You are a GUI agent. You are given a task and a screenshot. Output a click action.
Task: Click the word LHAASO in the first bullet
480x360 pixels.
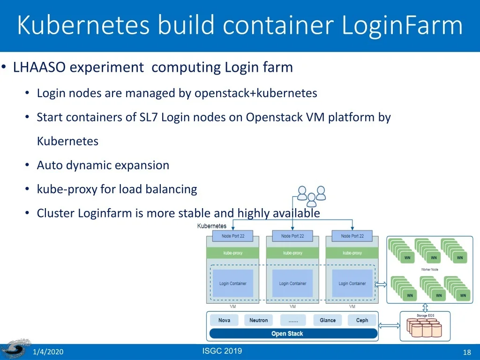pos(39,67)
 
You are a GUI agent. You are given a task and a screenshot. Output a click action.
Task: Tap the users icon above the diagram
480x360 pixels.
pos(311,196)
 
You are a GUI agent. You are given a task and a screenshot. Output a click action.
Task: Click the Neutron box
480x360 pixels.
pos(258,320)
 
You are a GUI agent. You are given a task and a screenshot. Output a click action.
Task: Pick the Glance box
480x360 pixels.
pos(328,320)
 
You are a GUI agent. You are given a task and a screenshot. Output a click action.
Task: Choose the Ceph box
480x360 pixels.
pos(362,320)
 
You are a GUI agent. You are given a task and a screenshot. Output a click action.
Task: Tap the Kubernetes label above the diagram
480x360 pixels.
pos(212,226)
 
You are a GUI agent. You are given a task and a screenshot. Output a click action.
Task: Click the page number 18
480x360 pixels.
pos(466,352)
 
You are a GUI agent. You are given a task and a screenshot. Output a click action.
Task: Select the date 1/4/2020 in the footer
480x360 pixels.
pos(48,352)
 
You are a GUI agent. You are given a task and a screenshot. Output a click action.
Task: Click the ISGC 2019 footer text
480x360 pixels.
pos(222,351)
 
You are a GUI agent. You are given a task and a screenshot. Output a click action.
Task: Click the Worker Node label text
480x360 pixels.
pos(429,270)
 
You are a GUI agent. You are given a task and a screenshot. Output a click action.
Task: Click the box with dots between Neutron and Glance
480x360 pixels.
pos(293,320)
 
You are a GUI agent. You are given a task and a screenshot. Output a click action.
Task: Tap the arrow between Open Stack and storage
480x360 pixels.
pos(389,326)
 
